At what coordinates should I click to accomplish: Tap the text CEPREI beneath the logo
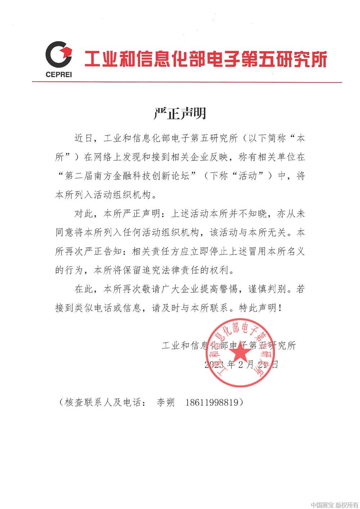coord(59,75)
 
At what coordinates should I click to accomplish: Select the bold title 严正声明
coord(180,113)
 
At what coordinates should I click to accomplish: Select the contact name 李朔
coord(166,402)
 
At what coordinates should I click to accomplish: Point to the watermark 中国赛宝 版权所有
coord(334,504)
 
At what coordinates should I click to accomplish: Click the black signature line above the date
coord(229,346)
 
